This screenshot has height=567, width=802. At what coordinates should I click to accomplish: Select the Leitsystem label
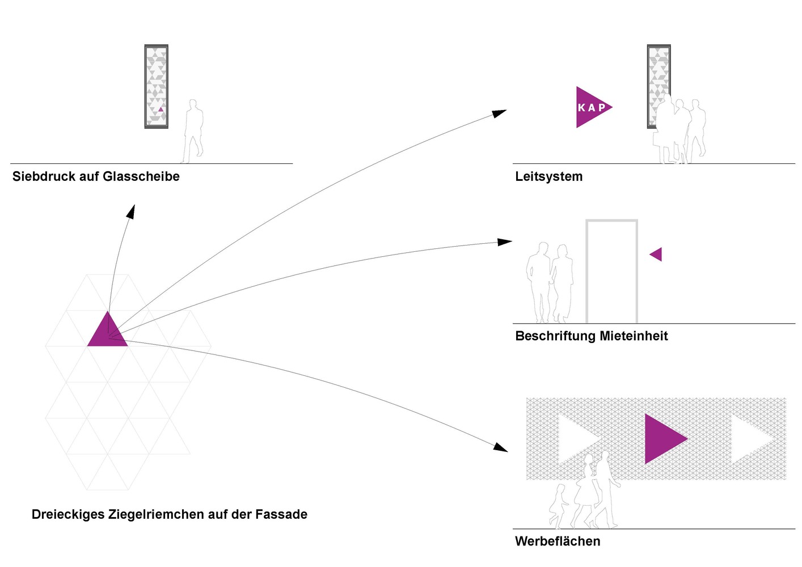coord(548,176)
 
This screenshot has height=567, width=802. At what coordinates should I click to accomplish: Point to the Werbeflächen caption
coord(558,541)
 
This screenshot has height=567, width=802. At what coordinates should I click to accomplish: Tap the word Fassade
coord(281,514)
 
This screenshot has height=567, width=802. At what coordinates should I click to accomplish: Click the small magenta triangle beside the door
coord(657,254)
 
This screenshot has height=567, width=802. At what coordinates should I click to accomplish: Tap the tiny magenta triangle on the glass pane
coord(161,109)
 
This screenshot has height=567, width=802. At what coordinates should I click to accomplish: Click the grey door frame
coord(611,221)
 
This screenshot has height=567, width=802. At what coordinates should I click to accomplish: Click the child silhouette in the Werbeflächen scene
coord(559,505)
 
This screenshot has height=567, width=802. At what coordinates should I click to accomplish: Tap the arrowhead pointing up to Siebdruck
coord(131,211)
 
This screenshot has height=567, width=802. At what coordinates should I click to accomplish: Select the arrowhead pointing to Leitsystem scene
coord(499,113)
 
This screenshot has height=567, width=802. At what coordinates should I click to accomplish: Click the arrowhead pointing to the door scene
coord(504,242)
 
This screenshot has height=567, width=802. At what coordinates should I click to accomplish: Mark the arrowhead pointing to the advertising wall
coord(500,448)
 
